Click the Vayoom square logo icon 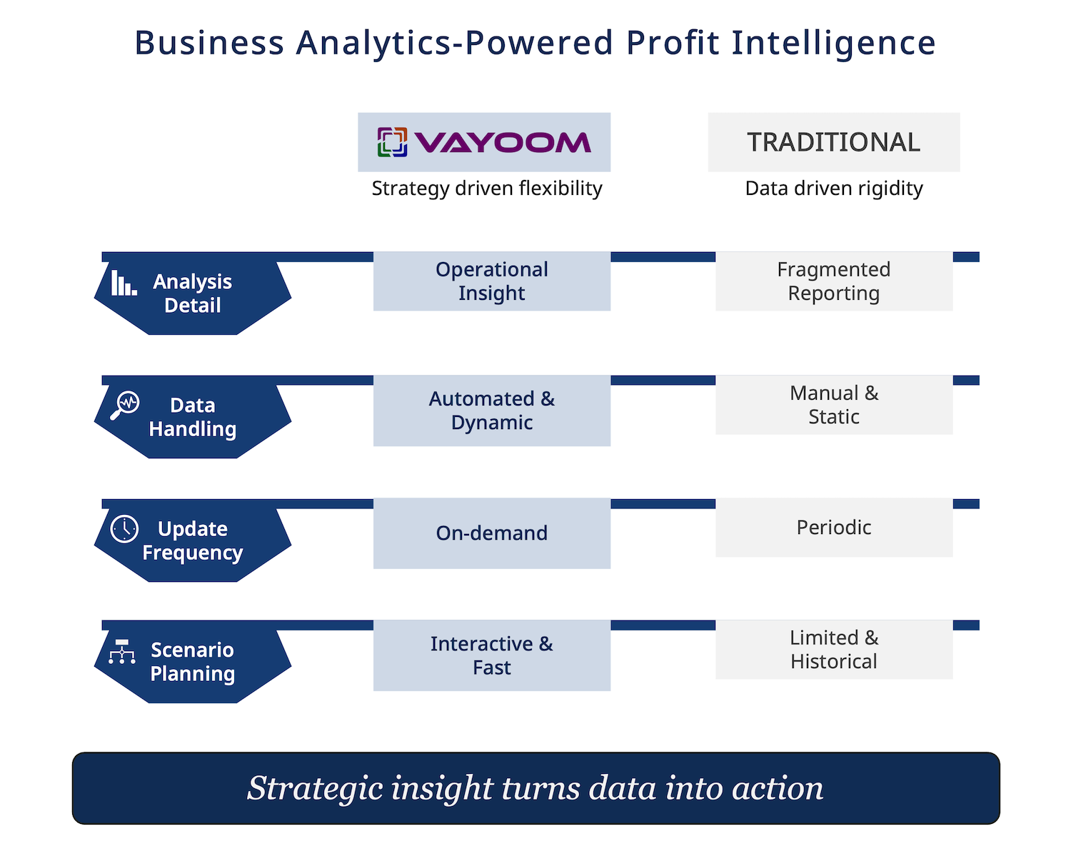point(392,142)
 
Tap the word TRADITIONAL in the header point(833,142)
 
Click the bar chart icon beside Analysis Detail point(124,283)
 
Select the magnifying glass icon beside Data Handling point(125,405)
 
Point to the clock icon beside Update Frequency point(124,528)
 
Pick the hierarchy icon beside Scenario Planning point(121,651)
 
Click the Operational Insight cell point(491,281)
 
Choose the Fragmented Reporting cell point(834,281)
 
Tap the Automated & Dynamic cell point(491,410)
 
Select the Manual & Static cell point(834,405)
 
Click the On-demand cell point(491,533)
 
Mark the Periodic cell point(834,528)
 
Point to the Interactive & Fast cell point(491,655)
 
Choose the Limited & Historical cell point(834,650)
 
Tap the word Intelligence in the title point(833,44)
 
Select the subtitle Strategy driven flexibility point(487,189)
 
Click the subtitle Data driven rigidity point(834,189)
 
